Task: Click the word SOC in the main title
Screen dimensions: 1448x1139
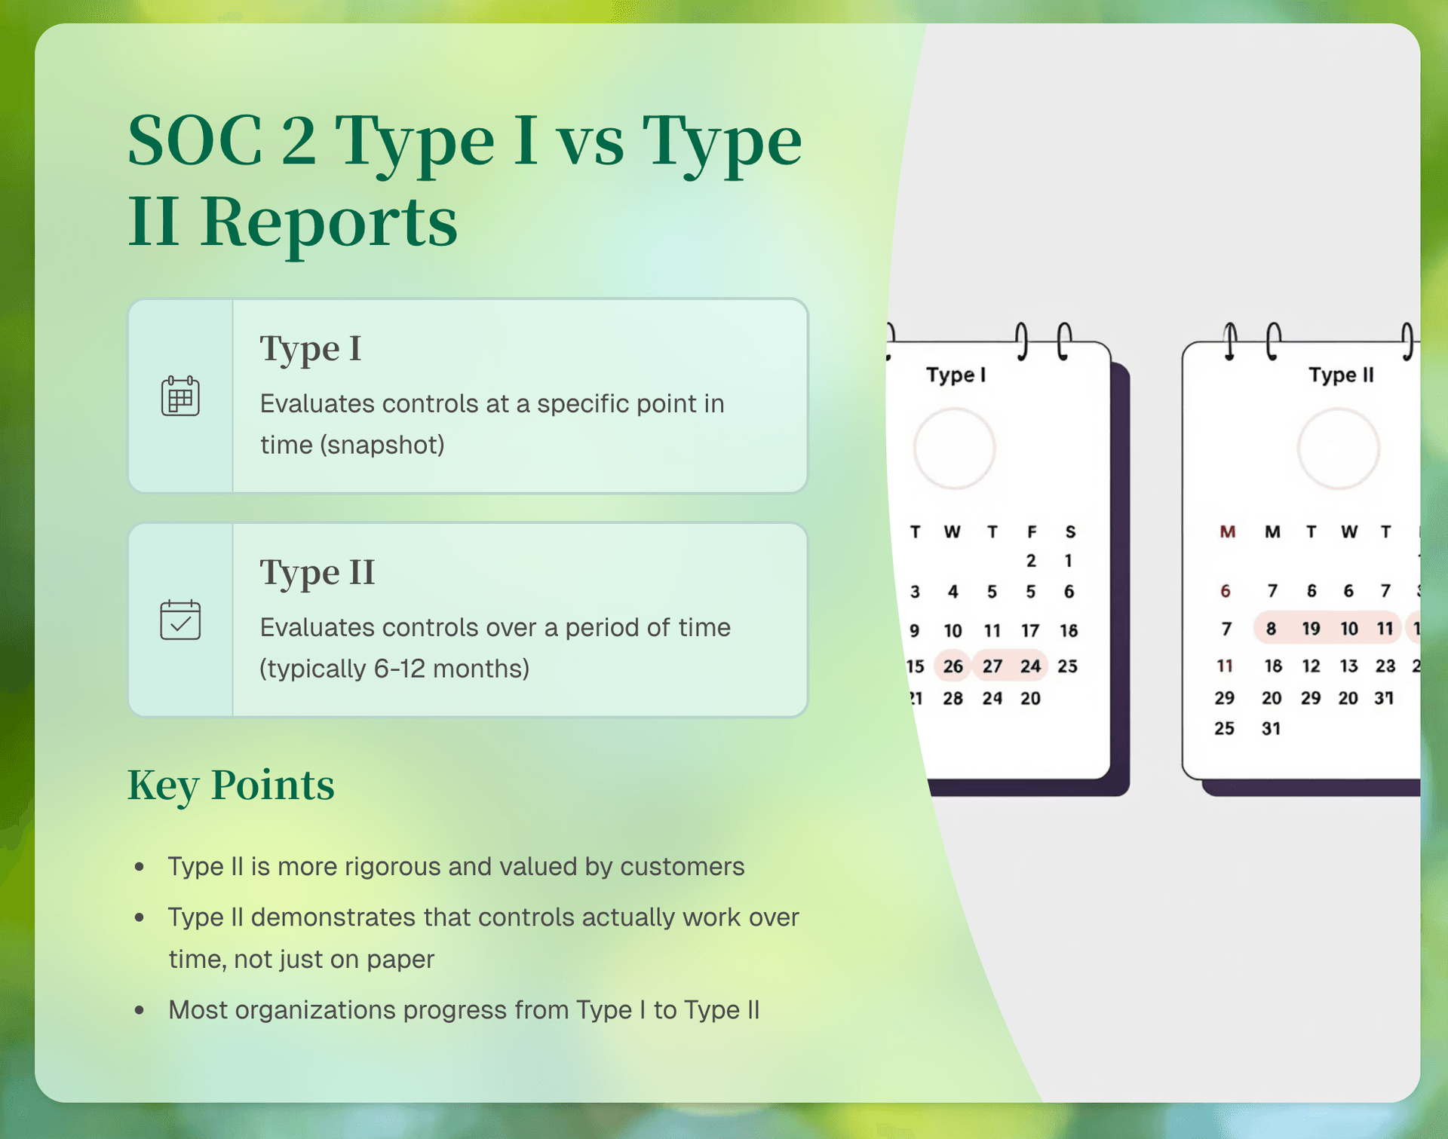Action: tap(195, 140)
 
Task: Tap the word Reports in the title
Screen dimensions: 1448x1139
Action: tap(329, 222)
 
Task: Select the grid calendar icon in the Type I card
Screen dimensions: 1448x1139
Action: tap(180, 396)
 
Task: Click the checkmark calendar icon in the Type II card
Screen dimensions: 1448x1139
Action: tap(180, 620)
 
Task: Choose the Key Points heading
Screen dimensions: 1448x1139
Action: tap(231, 785)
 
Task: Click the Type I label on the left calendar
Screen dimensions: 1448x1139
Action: tap(956, 375)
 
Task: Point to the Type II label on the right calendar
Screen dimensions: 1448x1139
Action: tap(1341, 375)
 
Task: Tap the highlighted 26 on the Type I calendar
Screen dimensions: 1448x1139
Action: tap(953, 666)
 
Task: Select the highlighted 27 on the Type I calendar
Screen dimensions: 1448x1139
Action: tap(992, 666)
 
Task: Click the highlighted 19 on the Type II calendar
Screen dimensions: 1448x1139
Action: tap(1311, 628)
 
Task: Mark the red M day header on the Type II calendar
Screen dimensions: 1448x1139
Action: tap(1227, 532)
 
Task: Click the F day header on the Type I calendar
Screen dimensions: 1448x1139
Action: tap(1031, 532)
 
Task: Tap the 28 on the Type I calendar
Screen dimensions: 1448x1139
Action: tap(953, 699)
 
